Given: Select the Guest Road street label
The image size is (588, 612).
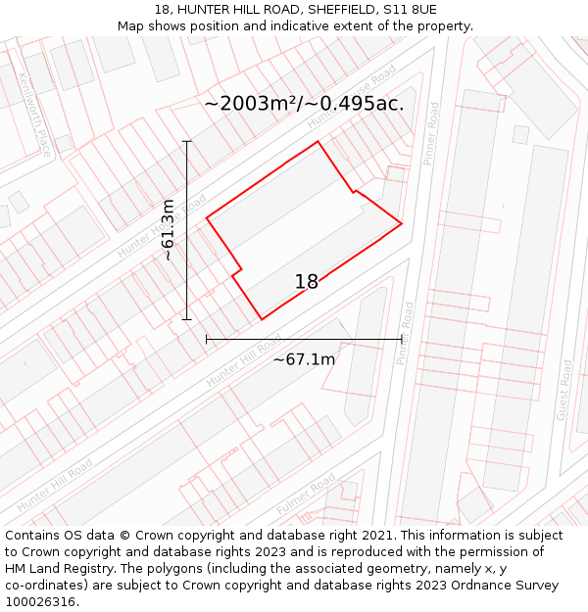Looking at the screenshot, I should tap(564, 390).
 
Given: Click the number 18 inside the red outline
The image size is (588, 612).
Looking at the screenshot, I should tap(307, 282).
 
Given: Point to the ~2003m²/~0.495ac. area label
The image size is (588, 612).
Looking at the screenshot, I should tap(304, 104).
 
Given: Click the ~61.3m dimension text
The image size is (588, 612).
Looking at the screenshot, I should tap(168, 230).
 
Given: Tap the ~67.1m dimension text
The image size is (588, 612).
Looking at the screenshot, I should tap(304, 359).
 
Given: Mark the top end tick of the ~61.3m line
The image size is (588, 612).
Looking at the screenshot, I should tap(186, 141).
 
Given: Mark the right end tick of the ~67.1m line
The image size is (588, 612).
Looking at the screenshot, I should tap(402, 339).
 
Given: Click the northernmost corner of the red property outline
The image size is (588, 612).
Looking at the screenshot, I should tap(318, 142).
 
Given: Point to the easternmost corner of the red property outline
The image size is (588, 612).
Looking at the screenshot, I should tap(402, 224).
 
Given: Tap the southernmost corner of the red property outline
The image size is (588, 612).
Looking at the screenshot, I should tap(262, 319).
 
